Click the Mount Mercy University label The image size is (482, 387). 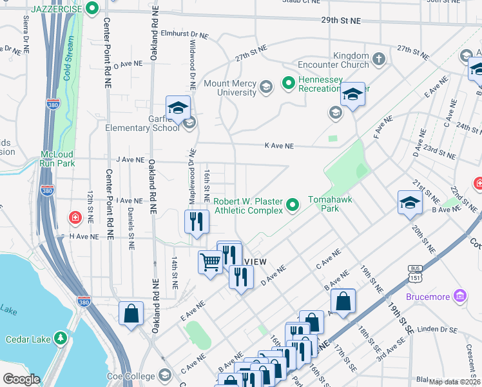point(229,88)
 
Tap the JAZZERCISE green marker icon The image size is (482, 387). point(92,8)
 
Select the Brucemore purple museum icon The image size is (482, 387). point(460,296)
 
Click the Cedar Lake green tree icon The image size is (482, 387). point(60,337)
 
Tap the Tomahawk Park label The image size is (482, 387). point(329,204)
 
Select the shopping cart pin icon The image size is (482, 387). point(210,262)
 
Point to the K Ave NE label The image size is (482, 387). point(279,146)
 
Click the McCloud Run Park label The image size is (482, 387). point(58,159)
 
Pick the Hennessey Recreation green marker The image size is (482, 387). point(288,83)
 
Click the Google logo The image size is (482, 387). point(21,379)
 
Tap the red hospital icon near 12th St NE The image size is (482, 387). point(75,217)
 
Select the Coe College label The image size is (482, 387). point(132,376)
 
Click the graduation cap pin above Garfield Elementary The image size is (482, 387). point(178,107)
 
